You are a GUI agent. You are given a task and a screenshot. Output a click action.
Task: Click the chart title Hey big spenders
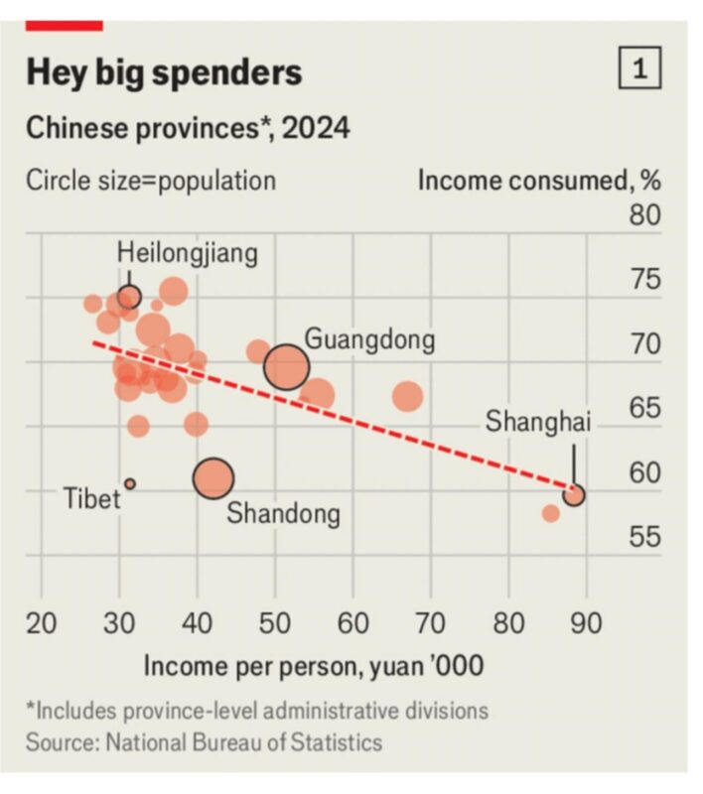164,72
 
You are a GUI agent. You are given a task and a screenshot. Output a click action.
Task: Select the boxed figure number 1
639,68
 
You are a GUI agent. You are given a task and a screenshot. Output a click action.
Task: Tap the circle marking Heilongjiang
129,297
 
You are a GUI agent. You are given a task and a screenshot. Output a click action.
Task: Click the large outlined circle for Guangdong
287,367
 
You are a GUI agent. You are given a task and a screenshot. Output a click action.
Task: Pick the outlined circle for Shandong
213,479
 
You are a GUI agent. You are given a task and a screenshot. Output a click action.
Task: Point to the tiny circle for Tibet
130,483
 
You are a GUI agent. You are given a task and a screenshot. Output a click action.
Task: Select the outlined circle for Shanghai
573,494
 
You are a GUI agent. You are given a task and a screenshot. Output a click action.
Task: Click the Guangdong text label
369,339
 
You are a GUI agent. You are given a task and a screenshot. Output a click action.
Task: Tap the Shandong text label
284,514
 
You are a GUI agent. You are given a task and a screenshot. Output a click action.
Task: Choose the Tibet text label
92,496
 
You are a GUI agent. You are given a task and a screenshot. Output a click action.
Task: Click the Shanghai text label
537,422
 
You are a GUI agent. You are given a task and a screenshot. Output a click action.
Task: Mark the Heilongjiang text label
188,252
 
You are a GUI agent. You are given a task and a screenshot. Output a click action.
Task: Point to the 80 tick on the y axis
644,214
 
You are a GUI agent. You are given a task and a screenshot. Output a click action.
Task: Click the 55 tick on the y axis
644,537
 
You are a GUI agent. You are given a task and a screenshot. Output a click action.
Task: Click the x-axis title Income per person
314,665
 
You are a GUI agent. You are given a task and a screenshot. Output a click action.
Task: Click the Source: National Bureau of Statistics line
204,741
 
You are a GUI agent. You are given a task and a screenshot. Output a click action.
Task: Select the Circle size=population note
151,181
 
